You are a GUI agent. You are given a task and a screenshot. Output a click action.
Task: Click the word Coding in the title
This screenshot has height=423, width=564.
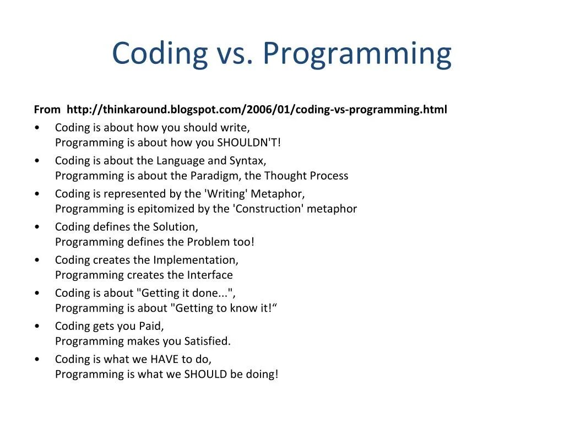point(160,54)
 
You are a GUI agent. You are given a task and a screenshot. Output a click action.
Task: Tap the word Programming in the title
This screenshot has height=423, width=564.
point(357,54)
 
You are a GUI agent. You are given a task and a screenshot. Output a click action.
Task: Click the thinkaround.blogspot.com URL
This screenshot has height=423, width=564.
point(257,109)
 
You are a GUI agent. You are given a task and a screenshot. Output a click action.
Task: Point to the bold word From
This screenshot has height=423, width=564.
point(47,109)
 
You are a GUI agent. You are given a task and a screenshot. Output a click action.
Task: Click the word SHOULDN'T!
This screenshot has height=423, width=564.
point(248,143)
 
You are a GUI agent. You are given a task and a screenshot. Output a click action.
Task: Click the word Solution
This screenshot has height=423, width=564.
point(175,227)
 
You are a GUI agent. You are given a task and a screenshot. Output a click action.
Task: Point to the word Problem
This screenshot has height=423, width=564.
point(208,242)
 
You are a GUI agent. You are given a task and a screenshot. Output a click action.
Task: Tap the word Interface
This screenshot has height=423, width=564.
point(210,275)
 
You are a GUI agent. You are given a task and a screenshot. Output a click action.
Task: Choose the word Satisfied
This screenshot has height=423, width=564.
point(207,341)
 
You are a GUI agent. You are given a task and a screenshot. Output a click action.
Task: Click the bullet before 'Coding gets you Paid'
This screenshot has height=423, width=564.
point(37,326)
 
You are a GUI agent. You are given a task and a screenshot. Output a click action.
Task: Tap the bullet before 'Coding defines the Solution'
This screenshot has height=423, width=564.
point(37,227)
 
